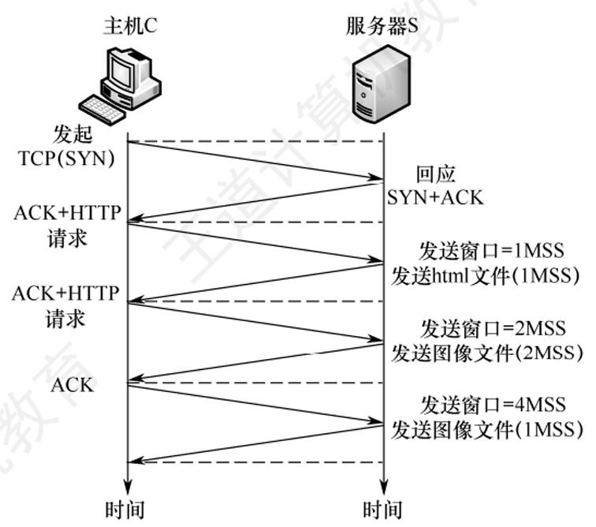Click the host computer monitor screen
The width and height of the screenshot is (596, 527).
(x=124, y=70)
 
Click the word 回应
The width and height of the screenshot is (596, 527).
(x=436, y=174)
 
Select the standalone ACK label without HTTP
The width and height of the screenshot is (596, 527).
(x=73, y=386)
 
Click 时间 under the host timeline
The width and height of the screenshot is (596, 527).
(x=125, y=508)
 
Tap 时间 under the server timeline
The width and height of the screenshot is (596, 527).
(x=382, y=508)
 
